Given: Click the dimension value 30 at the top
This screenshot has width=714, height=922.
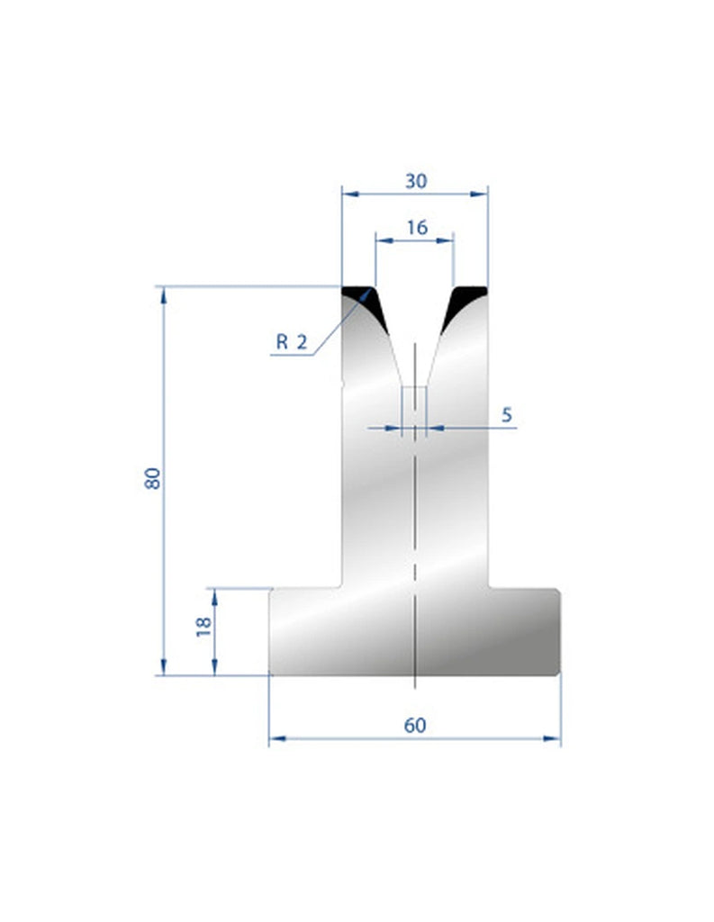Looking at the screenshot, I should (x=415, y=180).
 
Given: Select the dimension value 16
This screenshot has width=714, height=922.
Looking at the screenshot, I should (x=415, y=228).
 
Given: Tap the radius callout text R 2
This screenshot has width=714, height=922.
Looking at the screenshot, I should (x=291, y=341).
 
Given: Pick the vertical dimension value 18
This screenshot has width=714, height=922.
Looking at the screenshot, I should (x=203, y=627).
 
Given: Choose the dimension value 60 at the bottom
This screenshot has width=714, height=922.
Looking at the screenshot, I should (x=414, y=725).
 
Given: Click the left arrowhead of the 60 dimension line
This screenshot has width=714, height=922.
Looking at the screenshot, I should (x=276, y=739).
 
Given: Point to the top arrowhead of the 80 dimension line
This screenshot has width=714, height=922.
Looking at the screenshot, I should (x=163, y=294).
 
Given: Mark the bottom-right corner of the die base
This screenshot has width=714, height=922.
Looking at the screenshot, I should (x=558, y=673).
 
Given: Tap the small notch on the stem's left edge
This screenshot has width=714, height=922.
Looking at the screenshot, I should (x=343, y=384).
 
